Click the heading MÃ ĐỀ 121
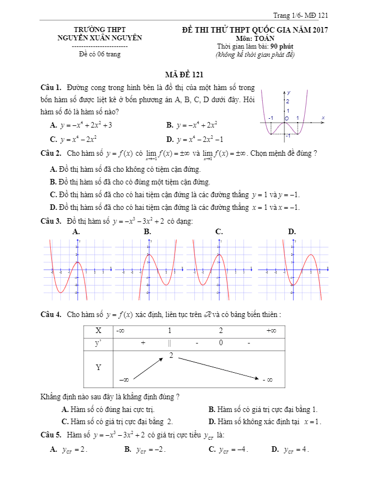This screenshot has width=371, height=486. (185, 75)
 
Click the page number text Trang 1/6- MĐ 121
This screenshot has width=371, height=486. (300, 15)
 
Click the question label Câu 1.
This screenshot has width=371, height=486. (50, 88)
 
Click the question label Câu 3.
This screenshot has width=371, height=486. (50, 221)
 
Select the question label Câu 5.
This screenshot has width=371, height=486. (50, 434)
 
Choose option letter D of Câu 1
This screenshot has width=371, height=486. (169, 140)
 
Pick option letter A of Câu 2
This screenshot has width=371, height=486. (53, 169)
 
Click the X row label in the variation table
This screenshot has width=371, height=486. (98, 330)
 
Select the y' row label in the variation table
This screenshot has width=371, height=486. (98, 343)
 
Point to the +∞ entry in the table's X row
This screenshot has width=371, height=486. (271, 330)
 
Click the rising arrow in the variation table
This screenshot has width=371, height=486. (149, 368)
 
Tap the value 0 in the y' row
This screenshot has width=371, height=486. (221, 343)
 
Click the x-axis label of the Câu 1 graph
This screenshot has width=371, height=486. (322, 118)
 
